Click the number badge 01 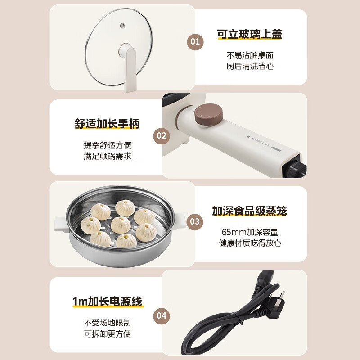[195, 42]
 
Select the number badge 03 [195, 221]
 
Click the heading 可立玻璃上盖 [250, 34]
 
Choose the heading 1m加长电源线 [107, 301]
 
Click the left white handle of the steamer [61, 222]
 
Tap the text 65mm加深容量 [250, 232]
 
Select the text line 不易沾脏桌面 [250, 55]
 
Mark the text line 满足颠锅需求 [107, 156]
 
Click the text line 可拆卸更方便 [107, 333]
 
